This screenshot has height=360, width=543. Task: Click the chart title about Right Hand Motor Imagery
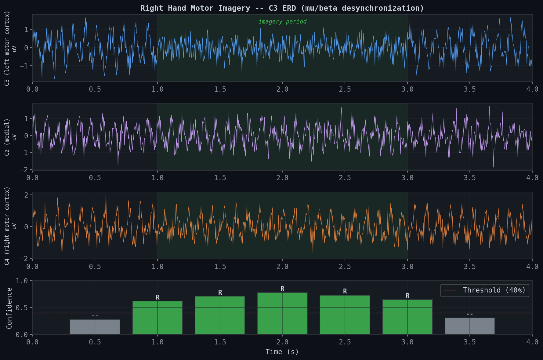[282, 8]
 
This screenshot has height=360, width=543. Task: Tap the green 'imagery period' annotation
[282, 22]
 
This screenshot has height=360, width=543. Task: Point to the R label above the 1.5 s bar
[220, 293]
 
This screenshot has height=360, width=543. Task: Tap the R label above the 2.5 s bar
[345, 291]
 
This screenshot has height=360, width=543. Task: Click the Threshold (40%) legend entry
[485, 290]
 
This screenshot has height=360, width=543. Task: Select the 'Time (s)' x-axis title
[282, 352]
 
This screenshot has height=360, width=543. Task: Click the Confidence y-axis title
[9, 308]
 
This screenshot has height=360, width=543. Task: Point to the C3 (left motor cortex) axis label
[7, 48]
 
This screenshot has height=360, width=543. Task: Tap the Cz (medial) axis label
[7, 137]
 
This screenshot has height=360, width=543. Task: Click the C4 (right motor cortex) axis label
[7, 226]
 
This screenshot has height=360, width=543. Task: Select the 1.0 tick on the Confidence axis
[21, 281]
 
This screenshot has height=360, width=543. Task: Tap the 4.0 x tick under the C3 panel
[532, 89]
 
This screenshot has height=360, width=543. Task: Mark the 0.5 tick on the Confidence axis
[21, 308]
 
